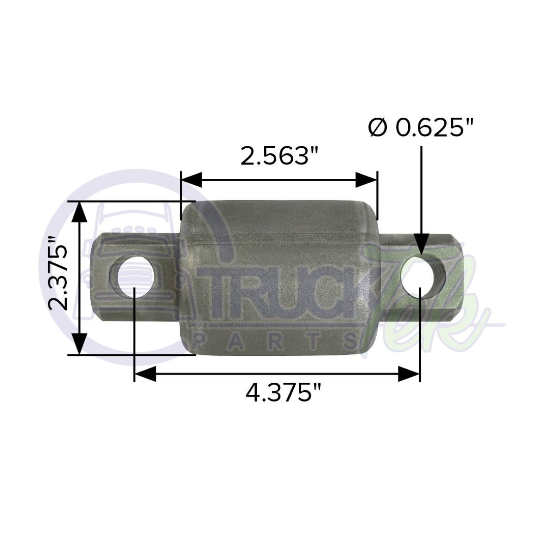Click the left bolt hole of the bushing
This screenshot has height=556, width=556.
[x=134, y=277]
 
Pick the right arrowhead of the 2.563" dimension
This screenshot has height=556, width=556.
[x=366, y=179]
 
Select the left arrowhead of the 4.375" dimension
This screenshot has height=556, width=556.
[x=145, y=373]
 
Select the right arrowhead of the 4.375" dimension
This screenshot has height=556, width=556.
[x=409, y=373]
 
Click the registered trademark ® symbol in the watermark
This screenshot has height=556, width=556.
[x=185, y=229]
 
